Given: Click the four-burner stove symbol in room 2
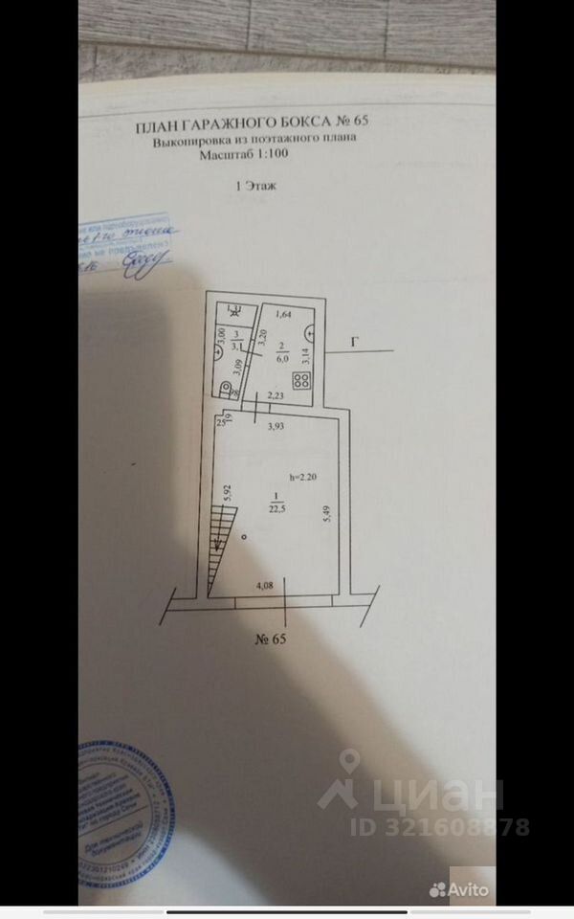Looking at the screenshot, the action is [301, 379].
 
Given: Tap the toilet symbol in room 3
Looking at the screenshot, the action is [226, 388].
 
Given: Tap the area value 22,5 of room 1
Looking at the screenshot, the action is [276, 507].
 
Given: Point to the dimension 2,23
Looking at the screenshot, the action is [276, 396].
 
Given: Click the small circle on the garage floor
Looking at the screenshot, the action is [245, 537].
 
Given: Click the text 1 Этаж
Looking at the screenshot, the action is [254, 188].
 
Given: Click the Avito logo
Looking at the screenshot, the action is [459, 889].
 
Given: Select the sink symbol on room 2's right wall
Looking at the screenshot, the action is [312, 332].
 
